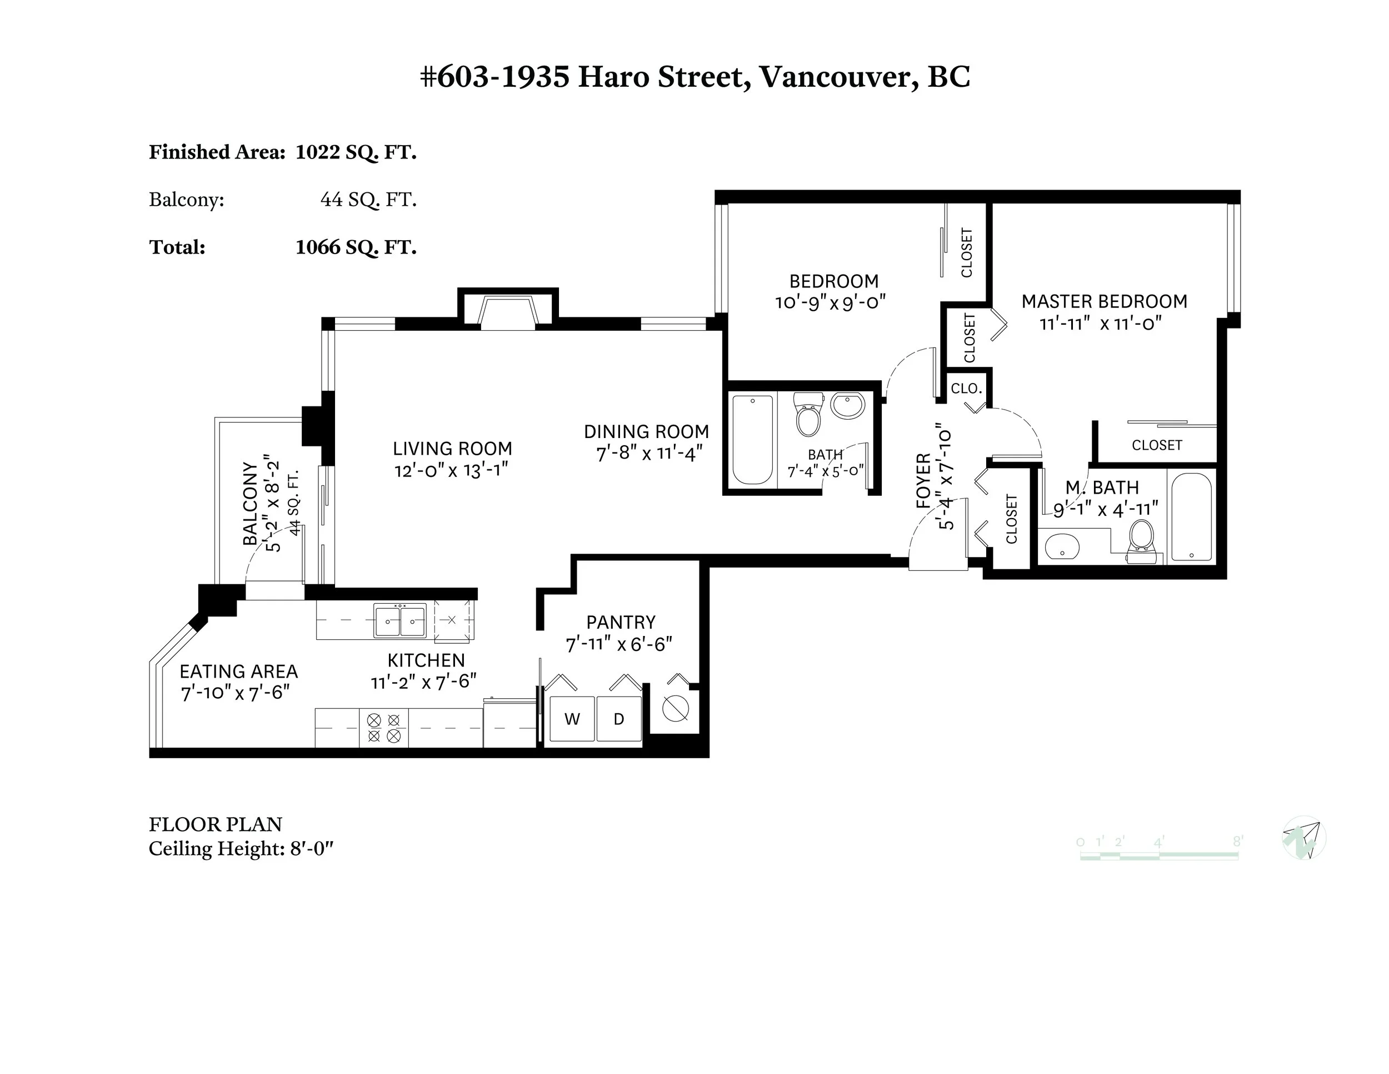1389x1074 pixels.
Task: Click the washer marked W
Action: pos(572,719)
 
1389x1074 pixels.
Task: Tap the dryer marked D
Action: pos(619,719)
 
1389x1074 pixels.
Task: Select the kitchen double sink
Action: pos(400,620)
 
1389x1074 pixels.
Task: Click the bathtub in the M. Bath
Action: pos(1191,516)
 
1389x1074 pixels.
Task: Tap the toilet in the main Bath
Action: pos(808,414)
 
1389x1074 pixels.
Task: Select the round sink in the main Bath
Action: pos(848,405)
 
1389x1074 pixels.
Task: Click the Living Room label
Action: pos(452,449)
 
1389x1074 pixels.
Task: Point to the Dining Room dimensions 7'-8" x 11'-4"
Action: pos(649,454)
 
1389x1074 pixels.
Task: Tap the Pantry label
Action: pos(621,621)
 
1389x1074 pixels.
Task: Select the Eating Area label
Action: pos(238,672)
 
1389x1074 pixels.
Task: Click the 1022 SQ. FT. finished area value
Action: pos(356,152)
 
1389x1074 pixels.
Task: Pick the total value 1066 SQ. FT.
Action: pos(356,247)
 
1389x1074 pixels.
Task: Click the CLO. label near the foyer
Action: pos(967,387)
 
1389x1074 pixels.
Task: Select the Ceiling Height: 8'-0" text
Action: pos(241,849)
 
